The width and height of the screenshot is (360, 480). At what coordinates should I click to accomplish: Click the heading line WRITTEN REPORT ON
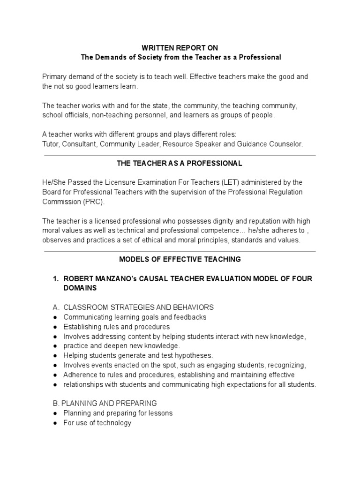180,48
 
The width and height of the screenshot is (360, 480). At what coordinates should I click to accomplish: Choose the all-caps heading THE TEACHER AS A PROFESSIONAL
180,163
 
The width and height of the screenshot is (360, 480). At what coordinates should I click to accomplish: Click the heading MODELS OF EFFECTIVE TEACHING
180,259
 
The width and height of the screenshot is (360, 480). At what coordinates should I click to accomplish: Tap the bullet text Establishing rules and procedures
116,326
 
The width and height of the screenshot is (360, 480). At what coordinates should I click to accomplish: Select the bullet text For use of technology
97,422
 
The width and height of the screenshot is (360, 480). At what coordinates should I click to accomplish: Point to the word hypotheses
194,355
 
